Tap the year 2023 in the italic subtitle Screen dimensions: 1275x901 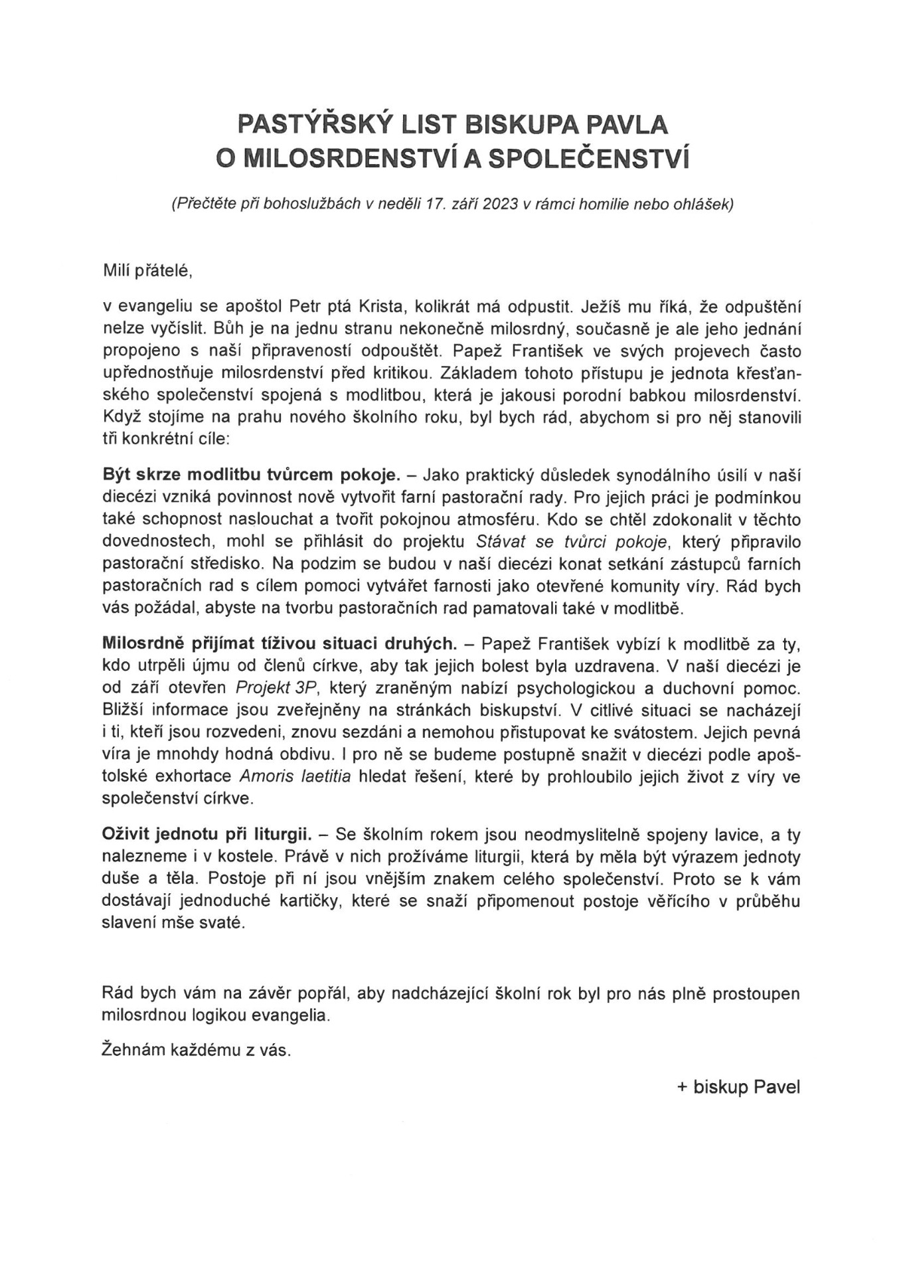tap(501, 205)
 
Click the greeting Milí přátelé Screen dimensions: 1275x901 tap(147, 270)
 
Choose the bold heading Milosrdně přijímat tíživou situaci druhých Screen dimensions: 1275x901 tap(279, 643)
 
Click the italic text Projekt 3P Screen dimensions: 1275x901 tap(270, 687)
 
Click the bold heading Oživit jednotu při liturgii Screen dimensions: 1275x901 tap(207, 833)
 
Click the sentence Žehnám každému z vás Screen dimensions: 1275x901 tap(197, 1051)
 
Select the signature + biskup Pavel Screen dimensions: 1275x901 tap(738, 1087)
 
